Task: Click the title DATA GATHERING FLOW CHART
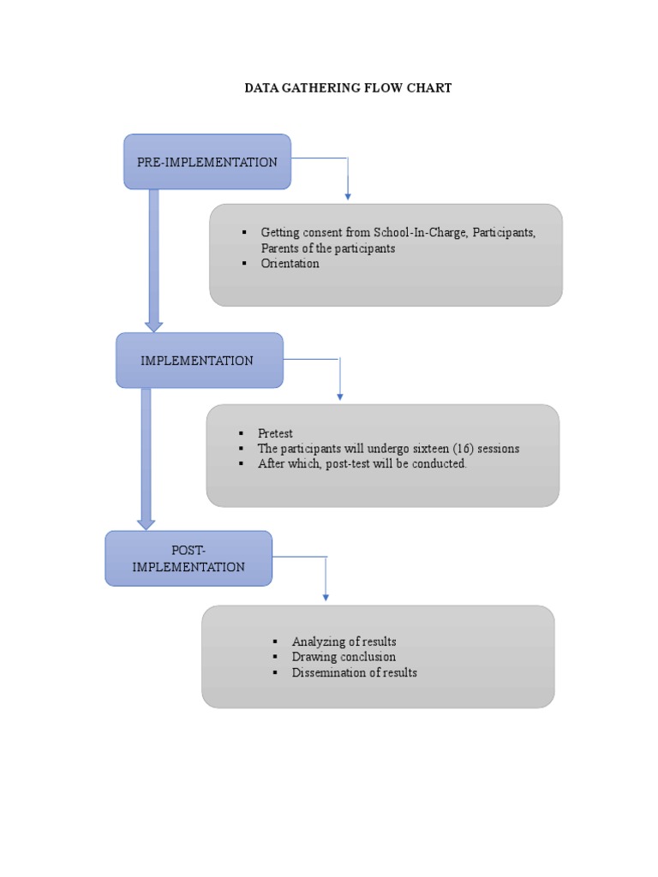coord(348,87)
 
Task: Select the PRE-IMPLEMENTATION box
coord(207,162)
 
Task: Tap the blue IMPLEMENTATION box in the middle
coord(199,361)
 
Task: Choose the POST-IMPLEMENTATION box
coord(188,558)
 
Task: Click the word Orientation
coord(290,264)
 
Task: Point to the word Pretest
coord(275,434)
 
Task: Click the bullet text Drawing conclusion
coord(344,657)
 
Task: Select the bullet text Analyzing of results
coord(344,641)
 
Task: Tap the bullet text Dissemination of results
coord(354,672)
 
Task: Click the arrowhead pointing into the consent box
coord(347,196)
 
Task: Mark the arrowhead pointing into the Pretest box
coord(340,397)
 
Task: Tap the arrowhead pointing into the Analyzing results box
coord(326,596)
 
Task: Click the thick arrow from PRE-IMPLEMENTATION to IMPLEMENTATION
coord(154,257)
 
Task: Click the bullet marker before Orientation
coord(244,264)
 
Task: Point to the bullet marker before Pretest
coord(241,434)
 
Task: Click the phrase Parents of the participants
coord(328,248)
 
